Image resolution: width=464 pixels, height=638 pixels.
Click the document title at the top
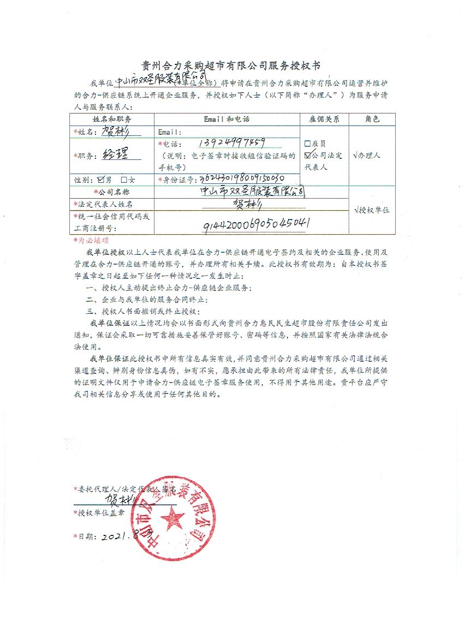coord(232,65)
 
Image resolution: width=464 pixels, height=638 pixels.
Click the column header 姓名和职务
coord(112,118)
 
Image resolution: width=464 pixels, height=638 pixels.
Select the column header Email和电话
coord(227,118)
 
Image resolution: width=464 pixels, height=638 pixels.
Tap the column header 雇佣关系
coord(324,118)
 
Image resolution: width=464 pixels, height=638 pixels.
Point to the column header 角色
coord(371,118)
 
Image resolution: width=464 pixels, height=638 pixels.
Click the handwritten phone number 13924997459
coord(233,143)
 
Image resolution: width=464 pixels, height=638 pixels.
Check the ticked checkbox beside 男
coord(100,179)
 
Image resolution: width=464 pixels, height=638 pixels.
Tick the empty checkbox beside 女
coord(124,179)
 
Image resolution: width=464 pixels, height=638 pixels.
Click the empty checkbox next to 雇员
coord(308,144)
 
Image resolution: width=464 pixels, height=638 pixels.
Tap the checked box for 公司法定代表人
coord(308,156)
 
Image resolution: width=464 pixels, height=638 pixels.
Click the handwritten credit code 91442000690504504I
coord(257,224)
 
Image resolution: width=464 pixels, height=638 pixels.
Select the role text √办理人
coord(367,155)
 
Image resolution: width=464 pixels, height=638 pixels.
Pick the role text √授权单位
coord(371,210)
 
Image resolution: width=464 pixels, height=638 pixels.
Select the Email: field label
coord(169,132)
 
